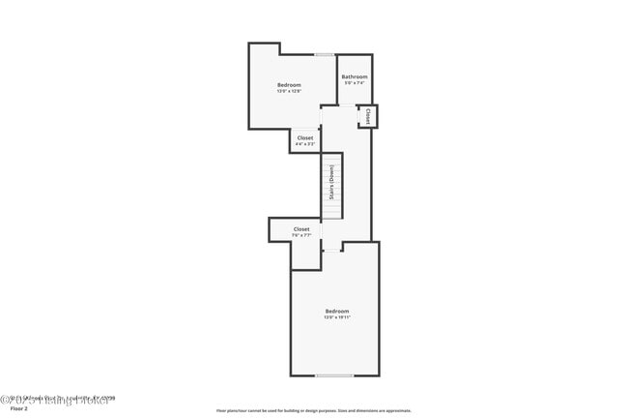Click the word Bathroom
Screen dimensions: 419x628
click(355, 76)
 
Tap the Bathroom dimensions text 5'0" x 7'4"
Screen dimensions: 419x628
click(355, 83)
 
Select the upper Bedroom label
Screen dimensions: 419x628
click(290, 85)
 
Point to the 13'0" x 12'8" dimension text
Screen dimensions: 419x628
click(290, 92)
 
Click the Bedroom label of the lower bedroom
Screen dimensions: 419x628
click(336, 311)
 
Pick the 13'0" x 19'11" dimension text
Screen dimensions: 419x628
click(336, 317)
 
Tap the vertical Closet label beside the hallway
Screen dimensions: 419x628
click(368, 117)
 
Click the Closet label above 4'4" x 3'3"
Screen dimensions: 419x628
click(304, 137)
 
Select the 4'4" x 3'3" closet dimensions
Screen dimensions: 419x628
click(304, 144)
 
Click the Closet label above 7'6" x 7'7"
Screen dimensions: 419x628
click(301, 229)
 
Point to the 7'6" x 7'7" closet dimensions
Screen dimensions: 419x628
click(301, 235)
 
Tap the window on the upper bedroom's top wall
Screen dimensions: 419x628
click(325, 54)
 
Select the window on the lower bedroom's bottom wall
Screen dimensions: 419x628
click(334, 375)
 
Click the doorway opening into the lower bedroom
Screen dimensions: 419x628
click(330, 250)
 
